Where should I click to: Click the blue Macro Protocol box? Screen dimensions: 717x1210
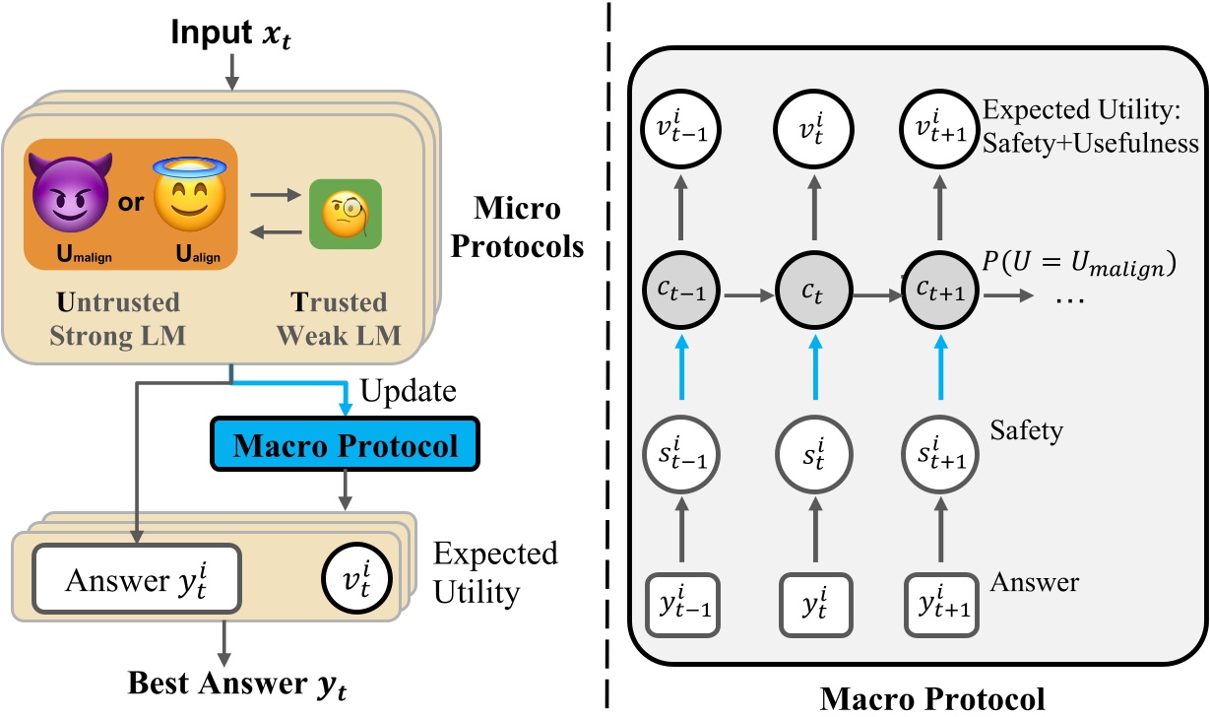point(345,446)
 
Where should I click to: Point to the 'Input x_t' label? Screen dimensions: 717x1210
point(233,30)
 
